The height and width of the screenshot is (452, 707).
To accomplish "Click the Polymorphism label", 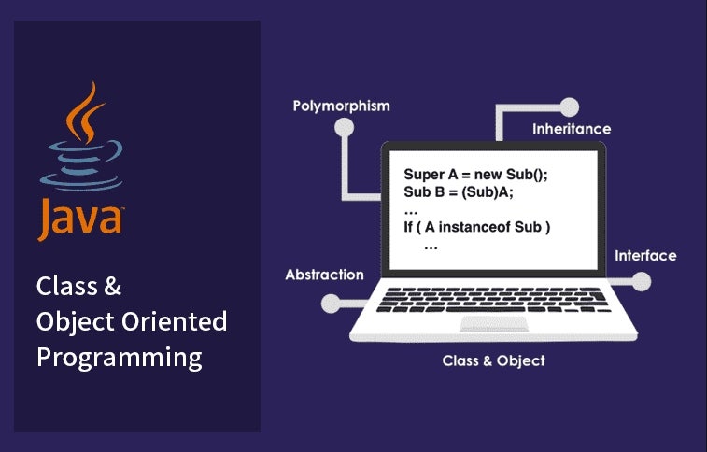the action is click(341, 106).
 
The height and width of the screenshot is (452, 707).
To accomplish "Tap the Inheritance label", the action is click(572, 129).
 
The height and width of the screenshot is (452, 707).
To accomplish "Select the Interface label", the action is click(645, 256).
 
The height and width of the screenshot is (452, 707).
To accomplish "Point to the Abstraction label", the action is click(325, 275).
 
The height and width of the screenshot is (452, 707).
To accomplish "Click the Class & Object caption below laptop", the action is click(494, 360).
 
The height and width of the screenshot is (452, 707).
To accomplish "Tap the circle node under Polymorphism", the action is click(344, 128).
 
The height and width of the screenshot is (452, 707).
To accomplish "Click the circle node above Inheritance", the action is click(570, 107).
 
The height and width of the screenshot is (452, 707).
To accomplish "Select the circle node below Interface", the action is click(642, 282).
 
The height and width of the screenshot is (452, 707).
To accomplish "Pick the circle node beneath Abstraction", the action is click(331, 304).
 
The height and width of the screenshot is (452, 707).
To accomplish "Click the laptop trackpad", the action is click(494, 323).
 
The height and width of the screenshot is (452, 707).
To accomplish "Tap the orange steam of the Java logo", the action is click(85, 113).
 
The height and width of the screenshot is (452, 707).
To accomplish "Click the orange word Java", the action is click(80, 219).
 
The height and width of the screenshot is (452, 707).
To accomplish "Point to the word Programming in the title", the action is click(120, 359).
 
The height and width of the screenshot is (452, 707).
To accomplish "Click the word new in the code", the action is click(488, 176).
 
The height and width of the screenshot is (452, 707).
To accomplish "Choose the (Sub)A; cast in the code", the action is click(488, 192).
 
